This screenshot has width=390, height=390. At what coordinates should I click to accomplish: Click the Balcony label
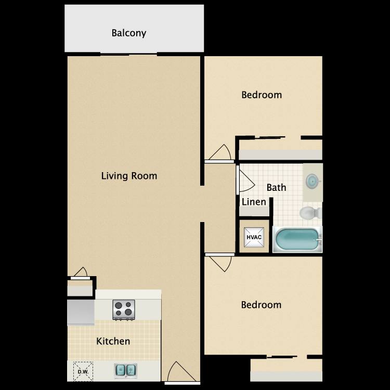(129, 33)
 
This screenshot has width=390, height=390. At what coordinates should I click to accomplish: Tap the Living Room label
(129, 176)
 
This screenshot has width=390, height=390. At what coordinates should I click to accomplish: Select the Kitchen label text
(113, 342)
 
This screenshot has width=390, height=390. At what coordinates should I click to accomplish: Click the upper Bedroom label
(262, 95)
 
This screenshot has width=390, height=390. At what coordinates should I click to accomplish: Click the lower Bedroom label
(261, 305)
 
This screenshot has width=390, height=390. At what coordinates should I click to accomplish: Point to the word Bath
(276, 187)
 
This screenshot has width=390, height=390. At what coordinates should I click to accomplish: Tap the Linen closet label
(254, 202)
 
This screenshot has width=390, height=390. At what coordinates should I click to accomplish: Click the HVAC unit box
(254, 238)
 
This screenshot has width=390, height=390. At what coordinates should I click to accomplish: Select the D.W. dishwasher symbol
(83, 370)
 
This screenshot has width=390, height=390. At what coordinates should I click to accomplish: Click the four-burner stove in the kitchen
(124, 310)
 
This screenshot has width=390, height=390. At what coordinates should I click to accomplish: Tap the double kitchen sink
(125, 370)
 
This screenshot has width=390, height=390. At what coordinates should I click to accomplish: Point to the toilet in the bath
(310, 213)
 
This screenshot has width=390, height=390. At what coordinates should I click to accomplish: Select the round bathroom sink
(313, 181)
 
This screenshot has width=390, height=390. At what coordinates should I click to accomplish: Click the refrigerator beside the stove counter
(80, 312)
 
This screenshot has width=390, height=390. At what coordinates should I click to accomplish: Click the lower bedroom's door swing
(219, 262)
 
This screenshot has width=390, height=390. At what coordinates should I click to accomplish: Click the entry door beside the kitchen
(180, 372)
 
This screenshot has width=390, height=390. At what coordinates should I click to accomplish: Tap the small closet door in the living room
(80, 272)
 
